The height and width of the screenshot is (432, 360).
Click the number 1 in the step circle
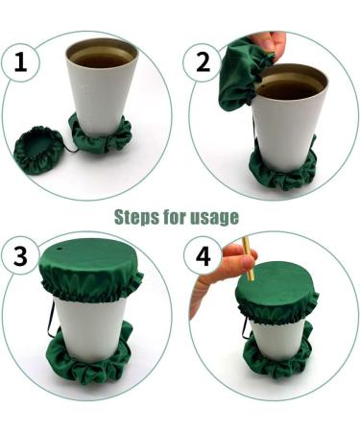21,62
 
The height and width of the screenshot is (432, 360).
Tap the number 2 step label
203,62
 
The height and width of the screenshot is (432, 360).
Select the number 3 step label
20,256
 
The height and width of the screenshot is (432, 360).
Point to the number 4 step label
204,256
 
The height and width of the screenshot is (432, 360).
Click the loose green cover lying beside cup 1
38,150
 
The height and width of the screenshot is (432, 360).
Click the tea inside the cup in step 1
102,59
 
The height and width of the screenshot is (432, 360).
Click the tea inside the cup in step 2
289,86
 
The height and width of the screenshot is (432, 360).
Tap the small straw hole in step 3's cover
60,248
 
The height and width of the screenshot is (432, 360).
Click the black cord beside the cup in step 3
51,320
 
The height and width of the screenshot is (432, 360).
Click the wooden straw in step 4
248,258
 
